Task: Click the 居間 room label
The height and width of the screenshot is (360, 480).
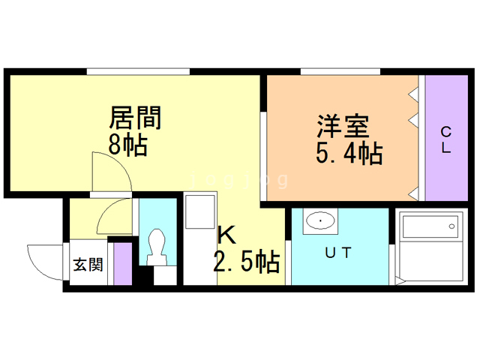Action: coord(136,118)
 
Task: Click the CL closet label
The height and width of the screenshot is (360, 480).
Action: coord(445,140)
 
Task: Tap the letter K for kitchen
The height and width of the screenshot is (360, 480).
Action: coord(227,235)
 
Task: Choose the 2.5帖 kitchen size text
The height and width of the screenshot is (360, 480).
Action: coord(247,262)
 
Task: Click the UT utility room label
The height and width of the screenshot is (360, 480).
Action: coord(338,253)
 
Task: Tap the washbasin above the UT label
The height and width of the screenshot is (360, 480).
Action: coord(321,220)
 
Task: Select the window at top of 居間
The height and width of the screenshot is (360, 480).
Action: coord(137,71)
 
